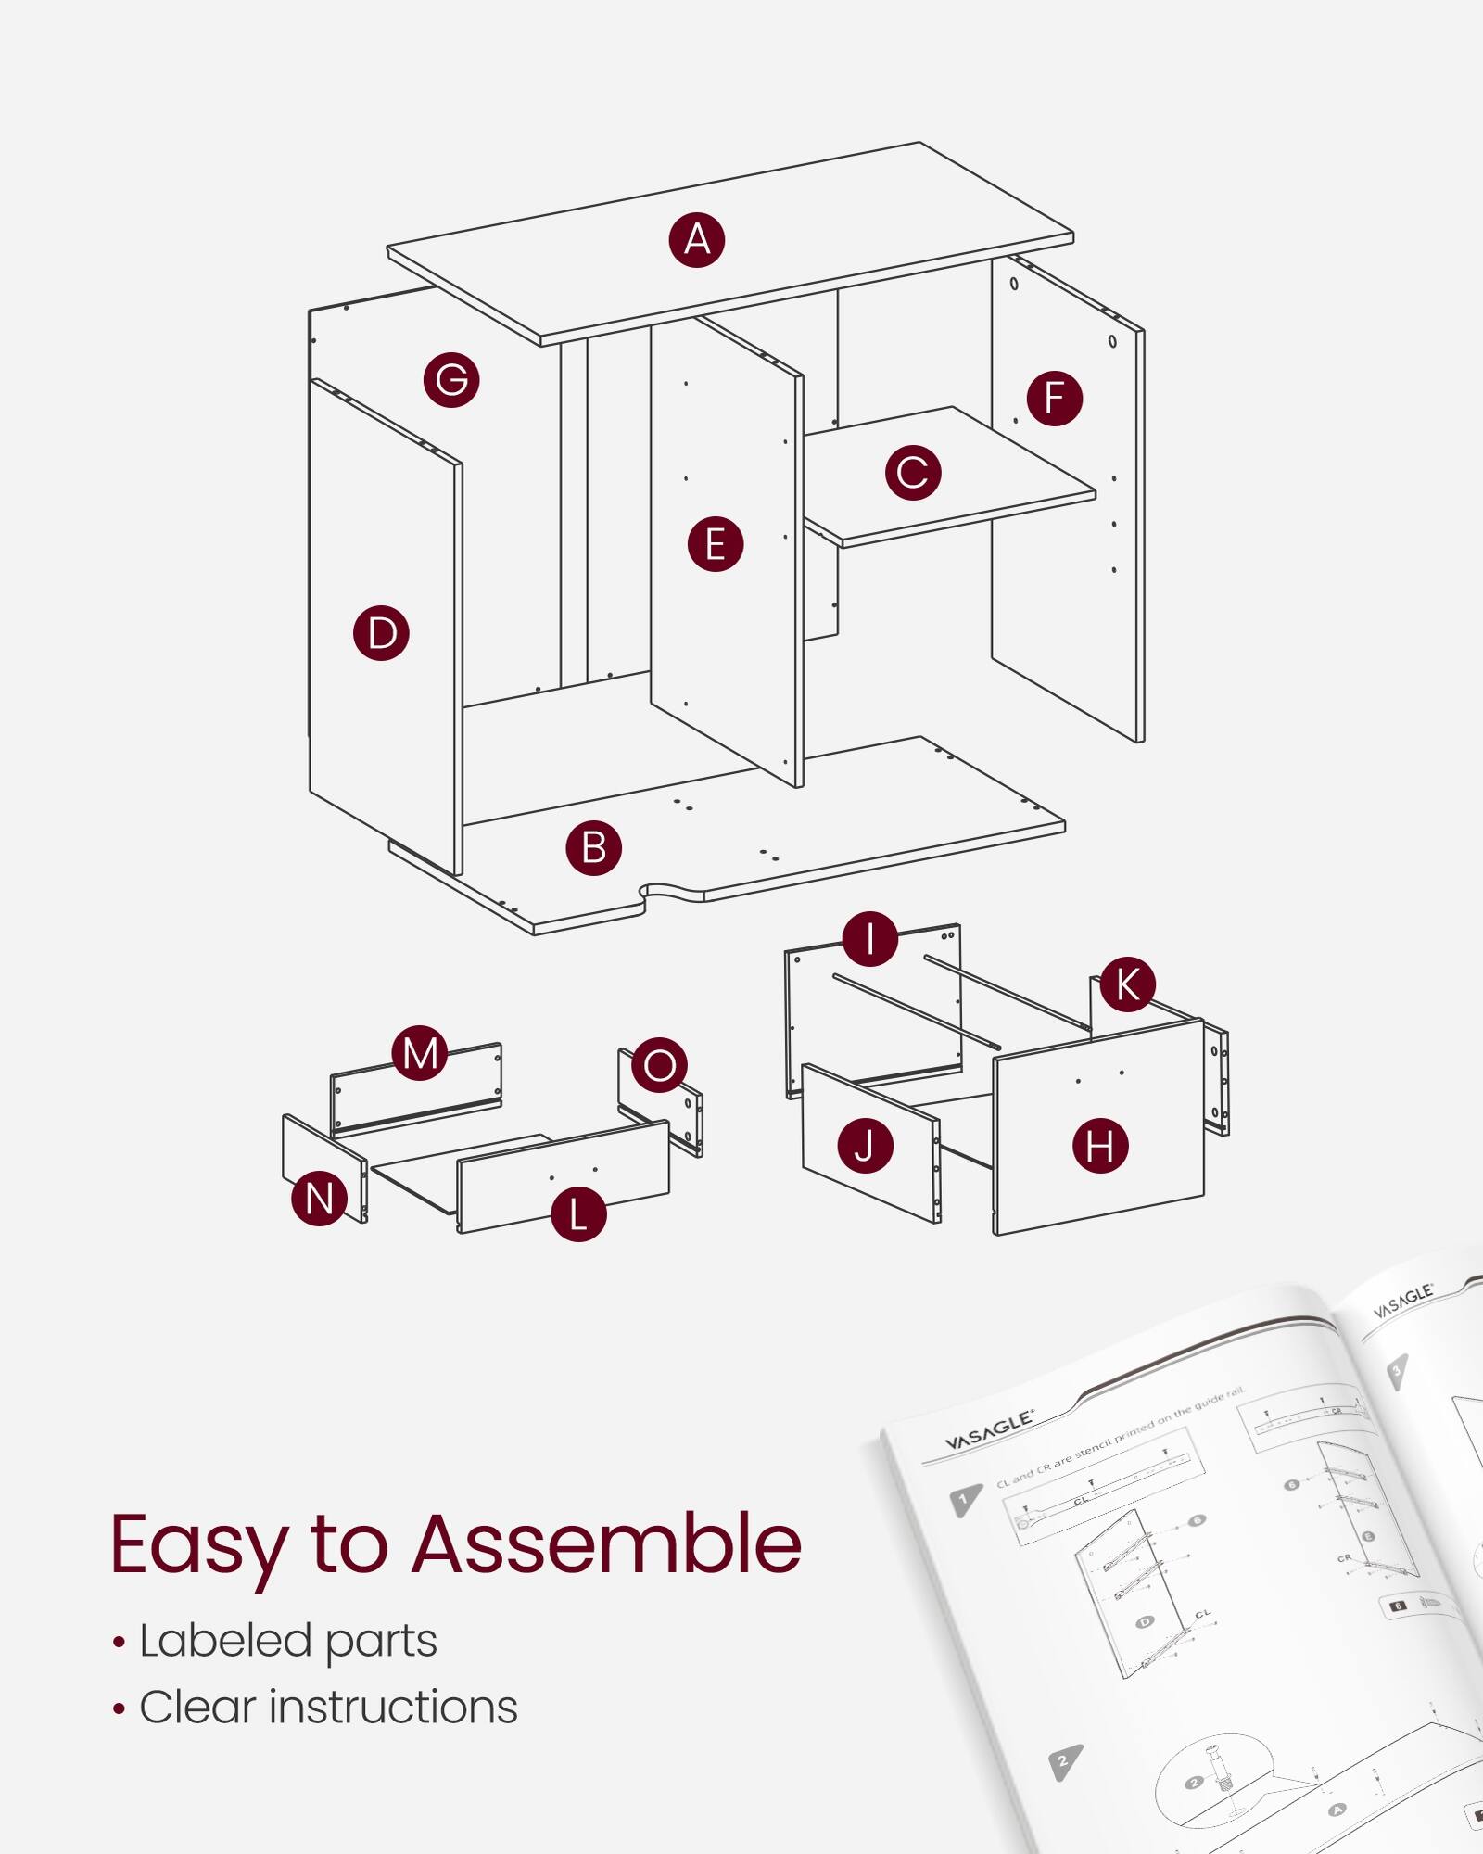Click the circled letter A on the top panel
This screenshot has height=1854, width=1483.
pyautogui.click(x=697, y=240)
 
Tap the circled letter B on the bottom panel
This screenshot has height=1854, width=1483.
pyautogui.click(x=593, y=847)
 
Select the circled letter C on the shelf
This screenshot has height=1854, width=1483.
pyautogui.click(x=913, y=472)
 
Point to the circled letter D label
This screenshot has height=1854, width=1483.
pyautogui.click(x=381, y=633)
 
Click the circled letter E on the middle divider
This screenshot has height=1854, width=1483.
pyautogui.click(x=715, y=543)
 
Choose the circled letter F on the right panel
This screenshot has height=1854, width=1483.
pyautogui.click(x=1054, y=398)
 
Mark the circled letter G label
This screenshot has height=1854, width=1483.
pyautogui.click(x=451, y=379)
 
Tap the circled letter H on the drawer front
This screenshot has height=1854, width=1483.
pyautogui.click(x=1100, y=1146)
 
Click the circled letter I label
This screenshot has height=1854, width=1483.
pyautogui.click(x=869, y=938)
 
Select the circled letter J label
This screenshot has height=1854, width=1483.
pyautogui.click(x=865, y=1146)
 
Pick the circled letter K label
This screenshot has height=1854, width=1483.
pyautogui.click(x=1127, y=984)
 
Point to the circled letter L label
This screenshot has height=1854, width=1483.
pyautogui.click(x=578, y=1214)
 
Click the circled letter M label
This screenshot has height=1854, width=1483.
pyautogui.click(x=420, y=1053)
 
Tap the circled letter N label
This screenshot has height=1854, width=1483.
pyautogui.click(x=319, y=1199)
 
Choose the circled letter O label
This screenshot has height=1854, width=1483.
pyautogui.click(x=659, y=1065)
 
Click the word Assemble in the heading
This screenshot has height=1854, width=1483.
pyautogui.click(x=606, y=1545)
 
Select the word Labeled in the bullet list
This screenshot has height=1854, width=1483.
pyautogui.click(x=225, y=1641)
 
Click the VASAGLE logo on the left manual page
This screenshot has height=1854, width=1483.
pyautogui.click(x=988, y=1431)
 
